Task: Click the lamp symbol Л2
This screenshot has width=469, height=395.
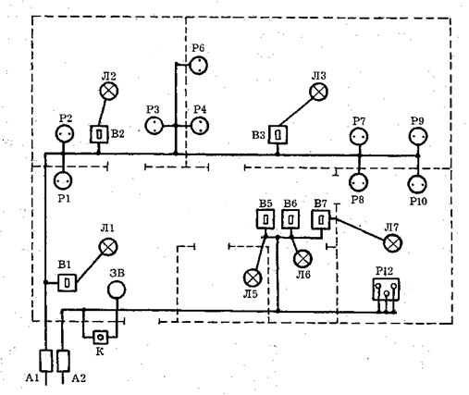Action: click(109, 91)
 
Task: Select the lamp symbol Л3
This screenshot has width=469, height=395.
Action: click(318, 92)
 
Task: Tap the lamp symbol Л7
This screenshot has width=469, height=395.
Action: click(392, 243)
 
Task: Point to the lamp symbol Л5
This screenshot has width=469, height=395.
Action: click(253, 278)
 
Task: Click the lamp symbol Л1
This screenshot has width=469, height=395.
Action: click(108, 247)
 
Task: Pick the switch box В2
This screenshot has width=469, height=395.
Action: click(99, 134)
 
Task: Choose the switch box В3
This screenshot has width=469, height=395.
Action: click(278, 135)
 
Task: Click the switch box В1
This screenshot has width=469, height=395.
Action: click(68, 282)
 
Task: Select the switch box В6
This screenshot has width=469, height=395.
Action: click(290, 219)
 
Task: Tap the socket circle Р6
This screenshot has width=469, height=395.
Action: click(198, 66)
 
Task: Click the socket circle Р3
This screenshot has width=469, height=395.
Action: click(154, 126)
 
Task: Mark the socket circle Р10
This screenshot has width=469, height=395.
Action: click(417, 184)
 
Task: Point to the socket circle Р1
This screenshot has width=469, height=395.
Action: click(63, 180)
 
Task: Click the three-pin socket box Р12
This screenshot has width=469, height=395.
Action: click(386, 289)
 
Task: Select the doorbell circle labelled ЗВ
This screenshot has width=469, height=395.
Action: click(117, 290)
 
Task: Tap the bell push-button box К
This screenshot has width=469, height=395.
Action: click(101, 338)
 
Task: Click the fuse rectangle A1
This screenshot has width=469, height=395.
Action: click(46, 361)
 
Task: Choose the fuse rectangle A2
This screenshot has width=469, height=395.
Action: click(63, 361)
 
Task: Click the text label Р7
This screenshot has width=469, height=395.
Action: click(359, 121)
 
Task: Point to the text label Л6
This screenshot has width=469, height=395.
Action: click(303, 275)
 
